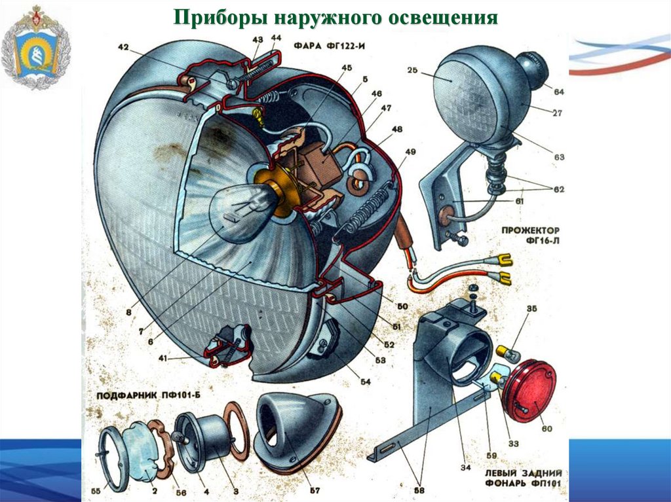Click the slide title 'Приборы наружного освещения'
point(335,17)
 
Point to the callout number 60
point(546,429)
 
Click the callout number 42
point(123,46)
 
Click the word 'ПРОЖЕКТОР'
point(530,231)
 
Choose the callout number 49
point(410,153)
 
